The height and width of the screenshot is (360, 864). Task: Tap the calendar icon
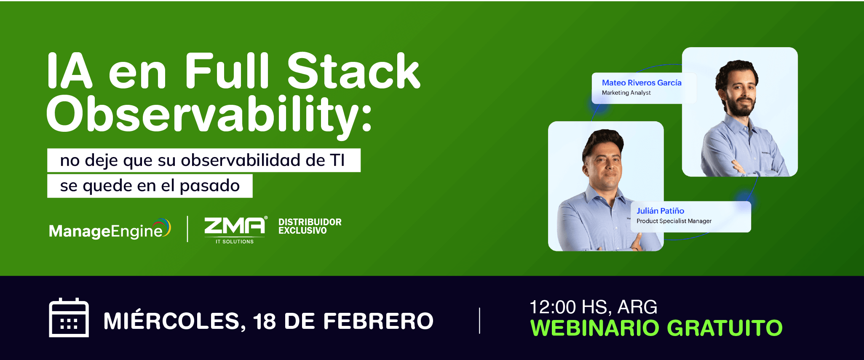point(69,317)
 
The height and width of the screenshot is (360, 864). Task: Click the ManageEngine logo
point(110,229)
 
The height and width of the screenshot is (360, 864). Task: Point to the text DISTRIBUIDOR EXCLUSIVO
point(310,226)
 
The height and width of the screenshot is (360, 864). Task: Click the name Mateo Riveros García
point(642,83)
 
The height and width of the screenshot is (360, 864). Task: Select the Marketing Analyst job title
point(626,93)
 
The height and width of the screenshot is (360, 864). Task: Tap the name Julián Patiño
point(660,211)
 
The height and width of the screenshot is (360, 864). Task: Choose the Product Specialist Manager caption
point(674,221)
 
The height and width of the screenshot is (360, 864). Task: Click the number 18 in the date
point(264,321)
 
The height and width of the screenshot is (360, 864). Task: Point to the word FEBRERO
point(378,321)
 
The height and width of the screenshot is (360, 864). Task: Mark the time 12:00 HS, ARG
point(593,307)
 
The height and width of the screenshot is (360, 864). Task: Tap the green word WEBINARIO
point(594,328)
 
